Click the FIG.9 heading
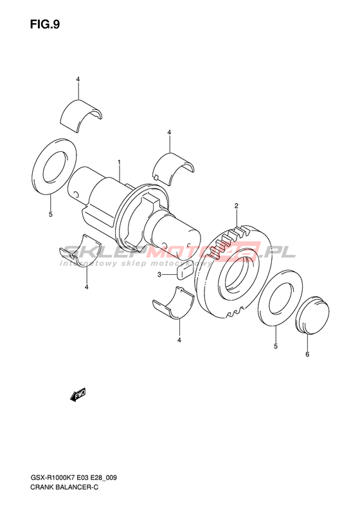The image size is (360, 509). [x=45, y=24]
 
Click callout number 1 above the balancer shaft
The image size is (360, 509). [x=120, y=162]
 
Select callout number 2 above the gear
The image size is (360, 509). [x=237, y=205]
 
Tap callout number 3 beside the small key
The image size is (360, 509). [x=159, y=275]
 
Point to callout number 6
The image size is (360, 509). [x=307, y=354]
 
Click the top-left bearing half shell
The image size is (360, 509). [x=82, y=115]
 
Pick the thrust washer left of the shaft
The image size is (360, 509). [x=55, y=167]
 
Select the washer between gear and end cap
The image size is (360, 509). [x=281, y=297]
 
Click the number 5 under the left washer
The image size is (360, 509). [x=51, y=214]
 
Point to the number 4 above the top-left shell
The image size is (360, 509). [x=78, y=79]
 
